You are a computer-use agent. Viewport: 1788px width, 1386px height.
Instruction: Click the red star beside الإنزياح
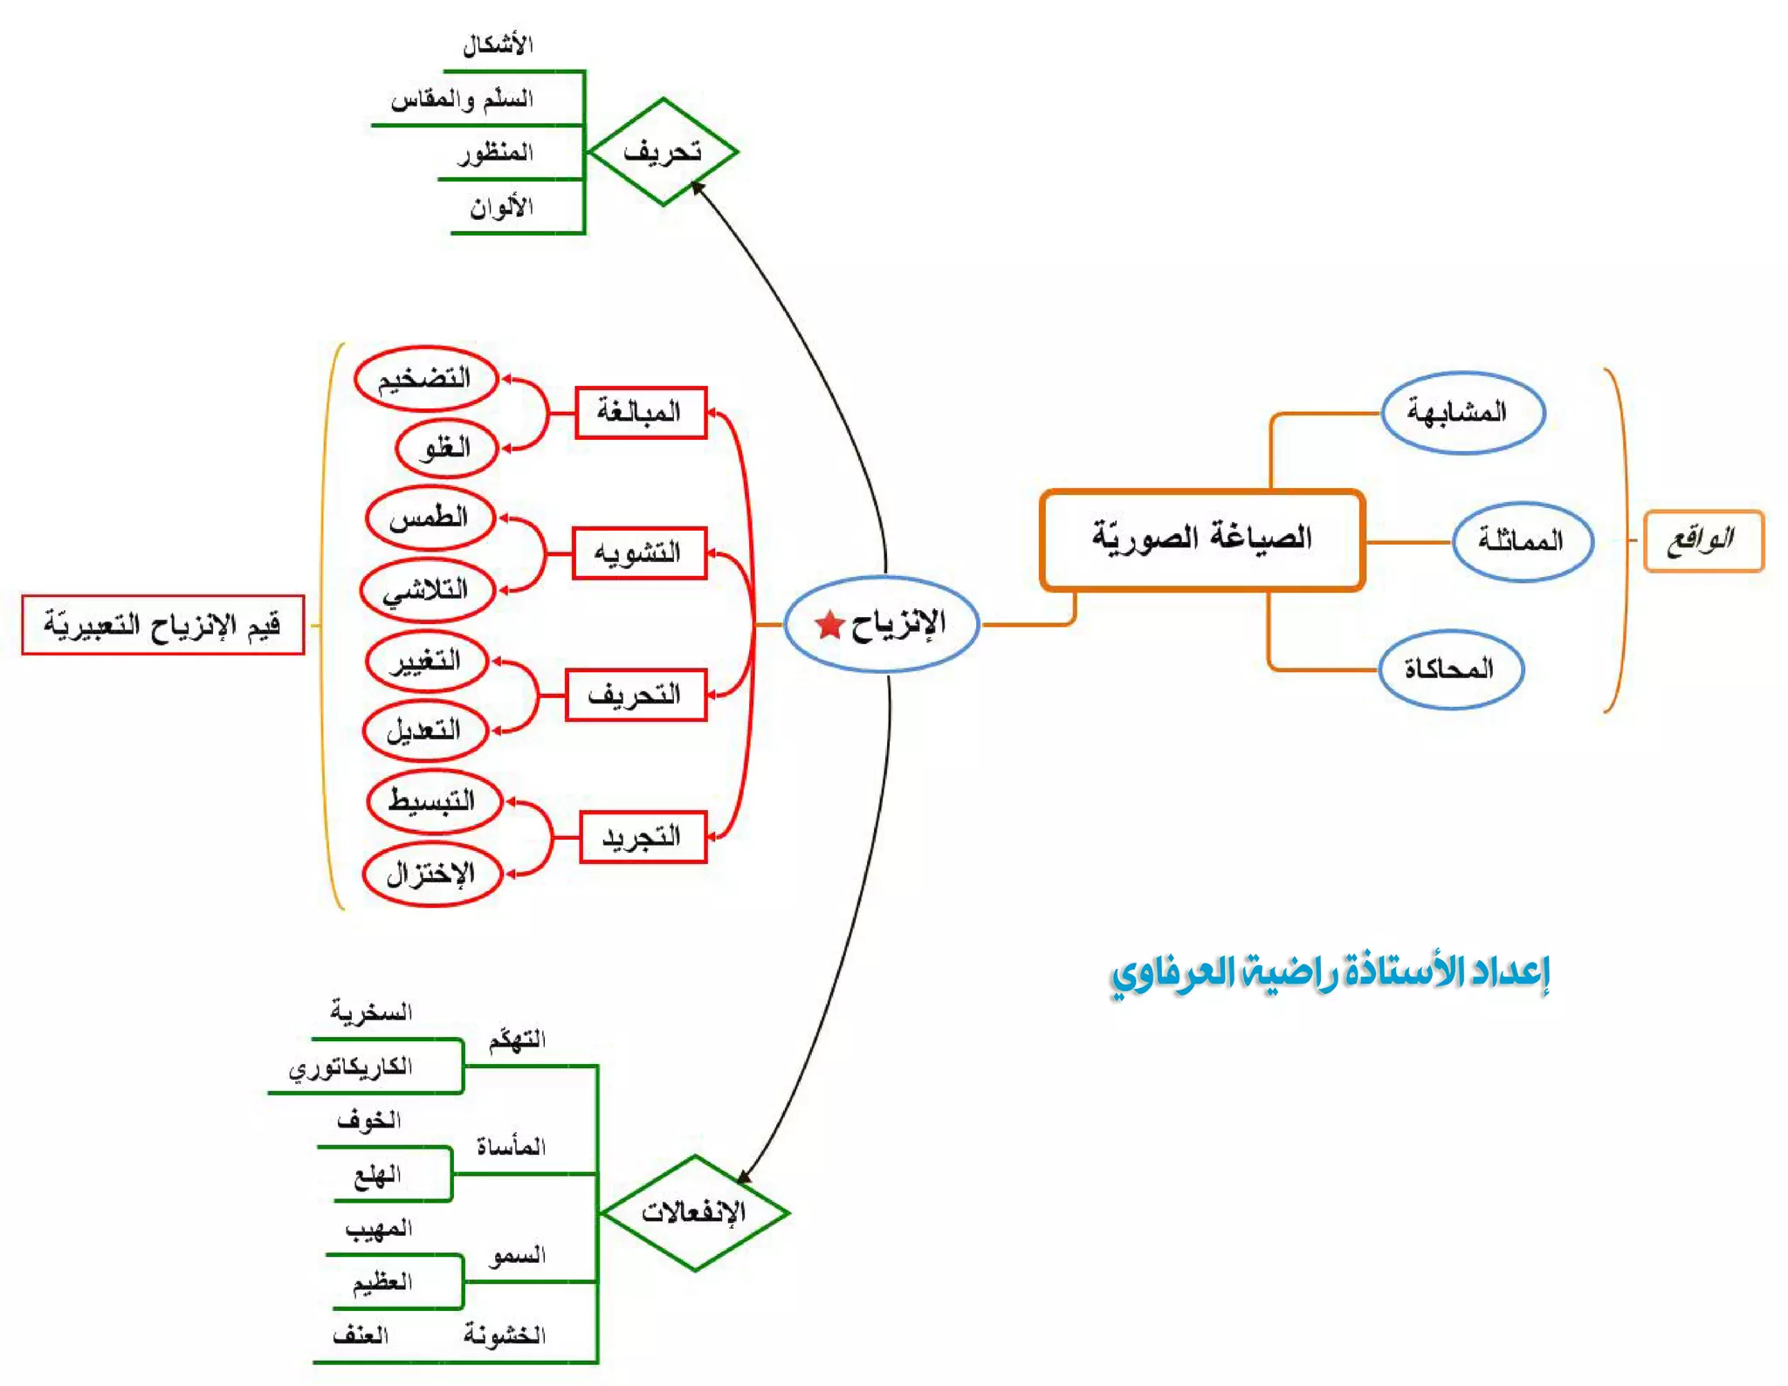(x=829, y=625)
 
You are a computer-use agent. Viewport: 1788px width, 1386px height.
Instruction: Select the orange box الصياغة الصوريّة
(x=1201, y=539)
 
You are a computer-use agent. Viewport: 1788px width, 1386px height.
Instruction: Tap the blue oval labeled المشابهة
(x=1462, y=412)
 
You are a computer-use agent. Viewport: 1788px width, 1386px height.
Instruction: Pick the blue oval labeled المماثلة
(x=1522, y=541)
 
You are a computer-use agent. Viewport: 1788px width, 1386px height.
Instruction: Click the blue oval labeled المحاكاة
(x=1450, y=669)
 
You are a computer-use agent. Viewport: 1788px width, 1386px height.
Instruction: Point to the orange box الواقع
(x=1702, y=541)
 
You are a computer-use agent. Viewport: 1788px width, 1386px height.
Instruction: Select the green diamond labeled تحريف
(x=663, y=152)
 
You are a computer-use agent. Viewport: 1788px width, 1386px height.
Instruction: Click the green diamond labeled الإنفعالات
(x=694, y=1212)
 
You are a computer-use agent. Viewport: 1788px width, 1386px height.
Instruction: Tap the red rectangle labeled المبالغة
(x=640, y=412)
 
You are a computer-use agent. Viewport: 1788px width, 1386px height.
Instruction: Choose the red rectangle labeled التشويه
(x=638, y=553)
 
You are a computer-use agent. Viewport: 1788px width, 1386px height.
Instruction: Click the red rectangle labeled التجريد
(x=642, y=838)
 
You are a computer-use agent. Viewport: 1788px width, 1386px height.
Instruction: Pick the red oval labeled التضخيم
(x=425, y=379)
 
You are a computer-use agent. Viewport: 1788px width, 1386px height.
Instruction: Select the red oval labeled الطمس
(x=430, y=518)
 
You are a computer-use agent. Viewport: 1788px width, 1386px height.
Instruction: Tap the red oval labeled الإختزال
(x=431, y=874)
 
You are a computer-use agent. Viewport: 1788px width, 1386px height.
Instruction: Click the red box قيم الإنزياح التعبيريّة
(x=162, y=625)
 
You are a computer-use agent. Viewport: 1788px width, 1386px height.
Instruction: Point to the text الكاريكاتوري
(x=351, y=1067)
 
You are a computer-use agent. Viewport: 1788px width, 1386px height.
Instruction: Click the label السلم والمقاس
(x=462, y=99)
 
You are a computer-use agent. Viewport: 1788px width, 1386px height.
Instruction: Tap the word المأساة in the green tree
(x=511, y=1147)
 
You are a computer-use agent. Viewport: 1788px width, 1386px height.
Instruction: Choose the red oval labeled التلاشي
(x=427, y=590)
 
